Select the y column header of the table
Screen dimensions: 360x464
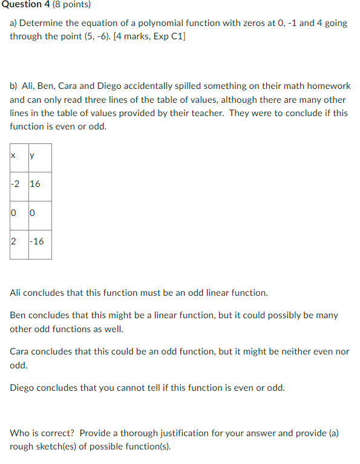click(x=31, y=155)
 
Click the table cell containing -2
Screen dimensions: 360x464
click(x=15, y=184)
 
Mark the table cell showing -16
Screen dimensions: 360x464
click(x=37, y=241)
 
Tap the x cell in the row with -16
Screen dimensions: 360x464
click(x=13, y=241)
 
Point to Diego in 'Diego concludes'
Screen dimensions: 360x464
click(x=22, y=388)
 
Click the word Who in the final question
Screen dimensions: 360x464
click(x=19, y=433)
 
